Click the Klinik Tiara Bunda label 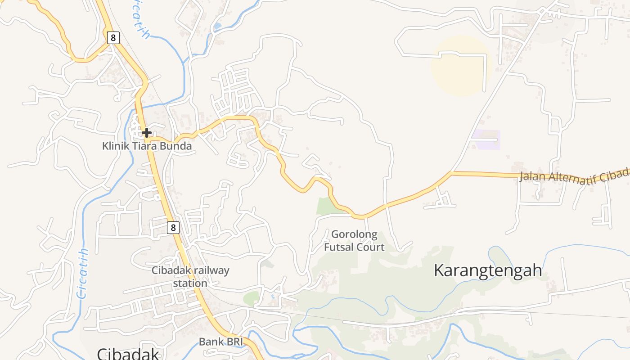[x=147, y=146]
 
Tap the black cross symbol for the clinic [x=147, y=133]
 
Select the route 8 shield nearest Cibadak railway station [x=173, y=228]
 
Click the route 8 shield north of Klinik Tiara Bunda [x=113, y=38]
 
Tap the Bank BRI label [x=220, y=342]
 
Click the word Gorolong [x=354, y=234]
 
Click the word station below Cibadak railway [x=190, y=283]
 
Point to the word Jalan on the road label [x=531, y=176]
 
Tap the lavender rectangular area [x=486, y=139]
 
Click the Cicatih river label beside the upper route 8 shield [x=139, y=20]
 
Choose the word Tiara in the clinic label [x=143, y=146]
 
